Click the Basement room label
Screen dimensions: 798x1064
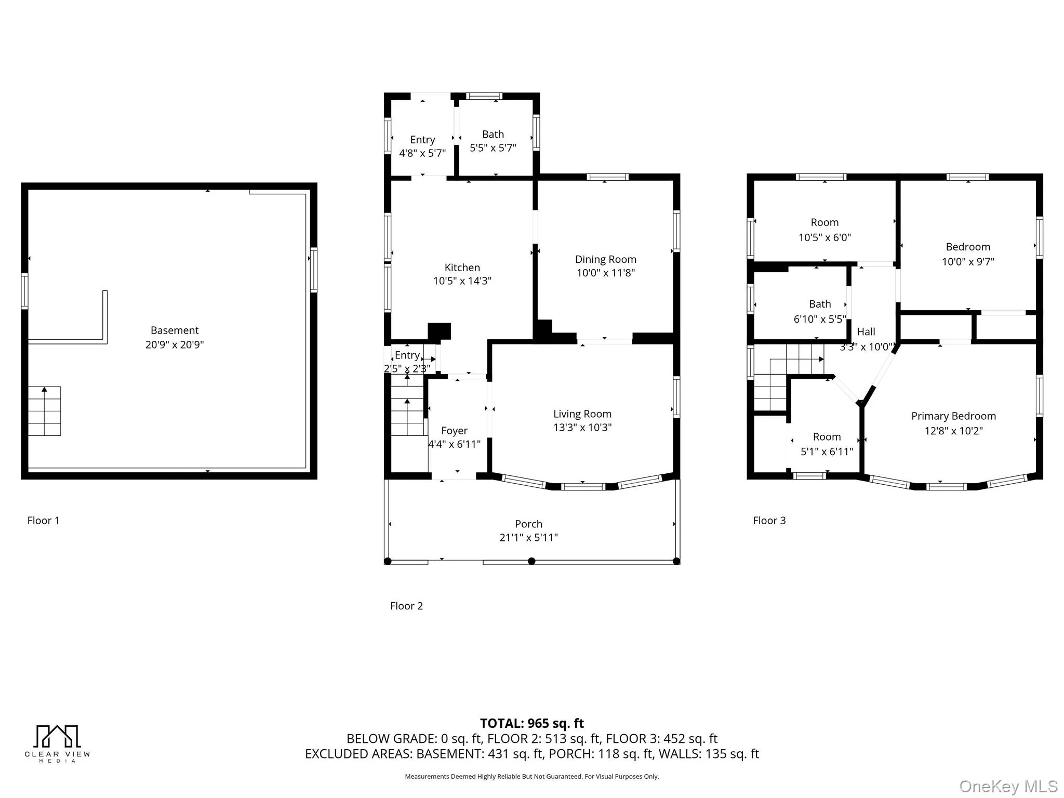pos(175,330)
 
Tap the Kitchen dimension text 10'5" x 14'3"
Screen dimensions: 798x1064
pos(462,281)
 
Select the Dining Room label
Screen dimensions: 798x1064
pos(605,259)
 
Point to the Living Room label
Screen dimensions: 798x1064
pos(582,414)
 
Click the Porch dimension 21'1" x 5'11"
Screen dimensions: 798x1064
pos(528,538)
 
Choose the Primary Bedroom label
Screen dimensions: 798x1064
pos(953,416)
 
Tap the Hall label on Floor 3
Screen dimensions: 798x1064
pos(866,331)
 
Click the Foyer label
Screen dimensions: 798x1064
pos(454,431)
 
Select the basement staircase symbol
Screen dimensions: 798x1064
pos(44,411)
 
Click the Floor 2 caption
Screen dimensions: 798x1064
pos(406,606)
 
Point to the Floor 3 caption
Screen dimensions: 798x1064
pos(769,521)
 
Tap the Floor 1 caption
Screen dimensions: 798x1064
pos(43,521)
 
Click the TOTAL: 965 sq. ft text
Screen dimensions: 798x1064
pos(531,723)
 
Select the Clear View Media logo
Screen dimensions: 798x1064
pos(57,743)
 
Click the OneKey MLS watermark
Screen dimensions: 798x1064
pos(1008,787)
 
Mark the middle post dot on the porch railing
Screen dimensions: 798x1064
pos(531,561)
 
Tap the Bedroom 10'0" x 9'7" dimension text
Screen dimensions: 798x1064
pos(968,262)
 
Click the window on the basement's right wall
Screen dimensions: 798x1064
pos(313,270)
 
